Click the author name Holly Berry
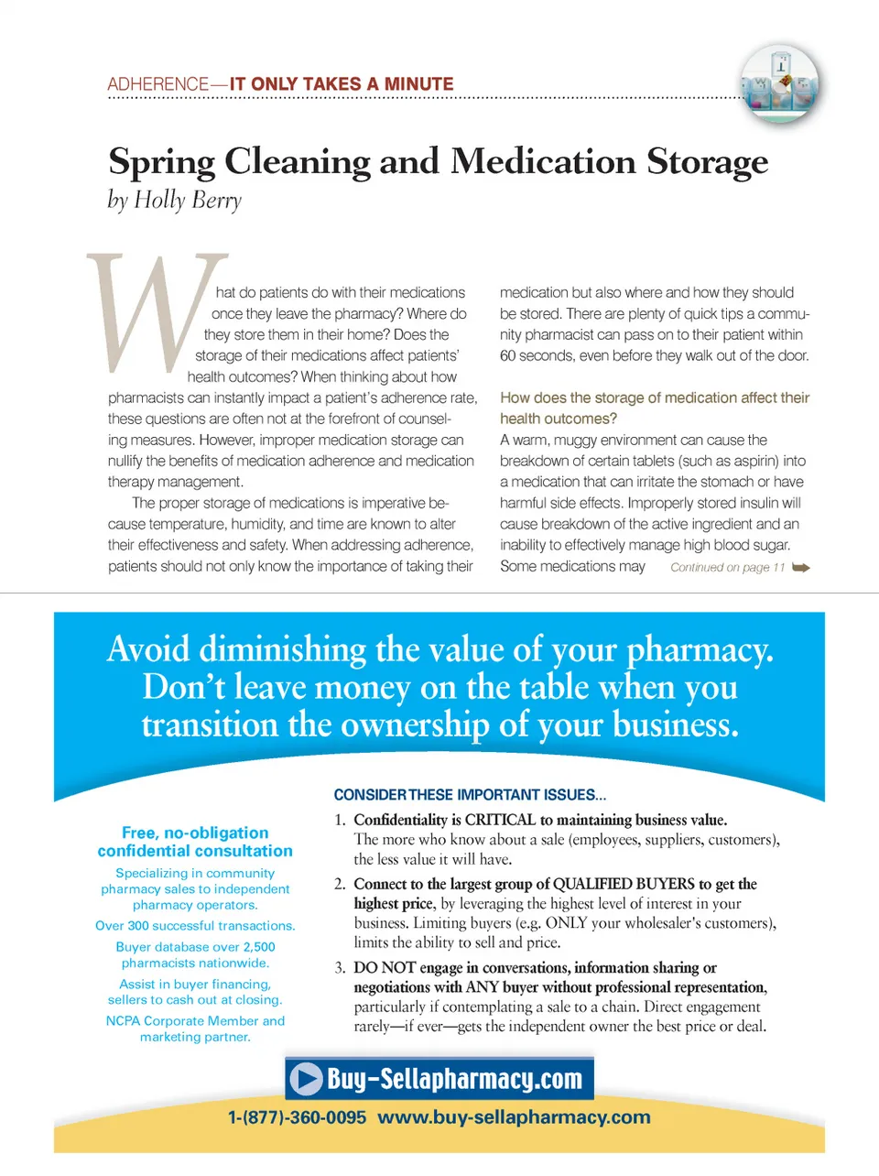pyautogui.click(x=188, y=201)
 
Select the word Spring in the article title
pyautogui.click(x=162, y=162)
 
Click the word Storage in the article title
pyautogui.click(x=707, y=161)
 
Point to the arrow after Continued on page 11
pyautogui.click(x=801, y=568)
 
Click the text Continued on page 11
pyautogui.click(x=727, y=568)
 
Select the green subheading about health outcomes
pyautogui.click(x=654, y=408)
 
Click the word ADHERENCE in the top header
pyautogui.click(x=158, y=84)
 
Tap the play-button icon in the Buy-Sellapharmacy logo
pyautogui.click(x=306, y=1079)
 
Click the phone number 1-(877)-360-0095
pyautogui.click(x=297, y=1117)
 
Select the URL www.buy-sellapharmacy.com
pyautogui.click(x=514, y=1117)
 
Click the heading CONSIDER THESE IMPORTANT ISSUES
pyautogui.click(x=470, y=795)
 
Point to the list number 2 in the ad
pyautogui.click(x=340, y=884)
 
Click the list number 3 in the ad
pyautogui.click(x=340, y=968)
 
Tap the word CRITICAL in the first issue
pyautogui.click(x=500, y=820)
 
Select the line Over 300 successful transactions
pyautogui.click(x=195, y=926)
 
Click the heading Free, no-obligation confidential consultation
pyautogui.click(x=195, y=842)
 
